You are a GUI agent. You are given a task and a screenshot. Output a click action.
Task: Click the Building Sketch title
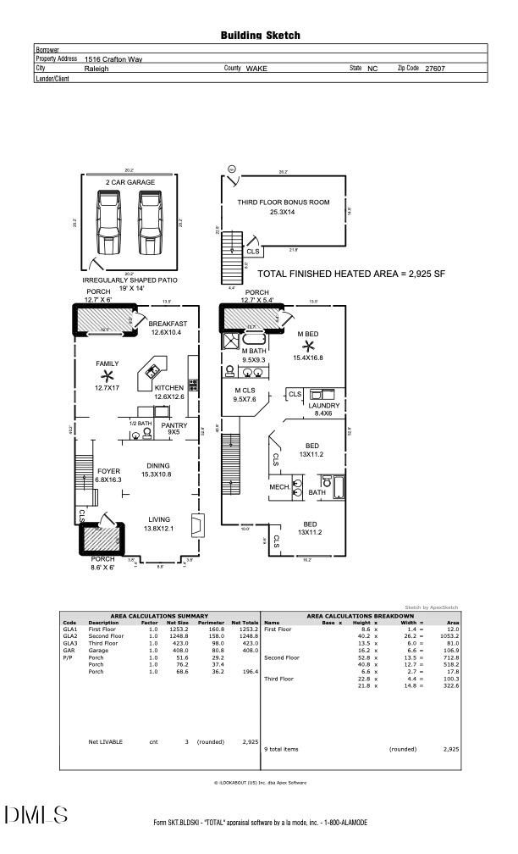tap(260, 36)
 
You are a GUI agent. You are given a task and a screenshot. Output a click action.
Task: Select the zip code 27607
tap(434, 68)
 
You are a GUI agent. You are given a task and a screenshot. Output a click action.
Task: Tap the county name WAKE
tap(256, 68)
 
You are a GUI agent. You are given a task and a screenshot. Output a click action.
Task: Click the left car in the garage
tap(109, 223)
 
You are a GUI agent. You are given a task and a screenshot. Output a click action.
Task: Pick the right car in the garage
tap(150, 223)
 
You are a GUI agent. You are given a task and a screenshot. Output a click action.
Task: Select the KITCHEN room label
tap(169, 387)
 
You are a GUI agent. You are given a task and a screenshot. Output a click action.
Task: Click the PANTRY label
tap(175, 424)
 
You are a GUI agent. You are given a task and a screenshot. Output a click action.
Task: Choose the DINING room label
tap(158, 465)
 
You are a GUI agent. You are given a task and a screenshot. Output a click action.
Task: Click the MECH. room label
tap(279, 487)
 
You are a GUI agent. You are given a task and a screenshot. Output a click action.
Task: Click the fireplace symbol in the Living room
tap(196, 526)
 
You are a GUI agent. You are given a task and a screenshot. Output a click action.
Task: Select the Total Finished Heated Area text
tap(351, 274)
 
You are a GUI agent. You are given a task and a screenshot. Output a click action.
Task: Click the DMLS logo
tap(36, 814)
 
